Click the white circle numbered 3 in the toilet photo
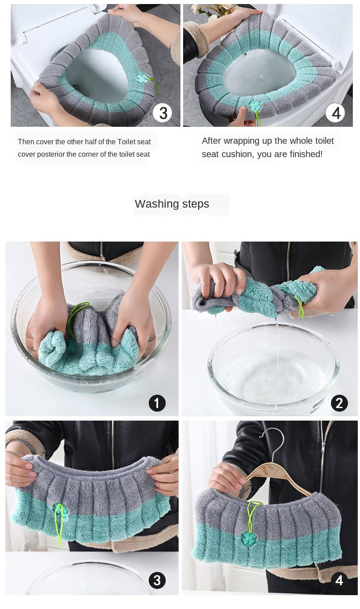point(162,113)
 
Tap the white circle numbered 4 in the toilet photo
point(335,113)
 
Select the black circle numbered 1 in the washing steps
point(157,403)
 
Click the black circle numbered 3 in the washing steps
point(157,580)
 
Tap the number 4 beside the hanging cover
point(339,580)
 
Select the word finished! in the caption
point(306,154)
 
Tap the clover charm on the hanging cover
point(249,538)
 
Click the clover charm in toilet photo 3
point(142,78)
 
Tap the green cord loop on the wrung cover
point(299,305)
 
